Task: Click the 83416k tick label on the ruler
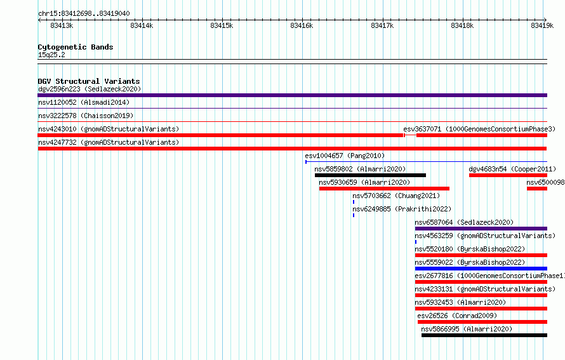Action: tap(302, 25)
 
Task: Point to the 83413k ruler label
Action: tap(62, 25)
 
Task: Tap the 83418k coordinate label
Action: tap(462, 25)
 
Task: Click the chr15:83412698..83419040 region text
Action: tap(84, 14)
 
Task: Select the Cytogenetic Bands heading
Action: tap(76, 47)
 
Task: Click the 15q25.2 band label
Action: tap(51, 55)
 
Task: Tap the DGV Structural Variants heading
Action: tap(89, 81)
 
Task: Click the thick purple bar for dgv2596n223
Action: tap(292, 95)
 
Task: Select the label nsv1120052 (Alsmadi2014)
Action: tap(84, 102)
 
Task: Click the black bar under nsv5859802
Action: tap(370, 175)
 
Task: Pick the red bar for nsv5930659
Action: tap(384, 189)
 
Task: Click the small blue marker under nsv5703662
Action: tap(354, 202)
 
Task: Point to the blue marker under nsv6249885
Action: tap(354, 215)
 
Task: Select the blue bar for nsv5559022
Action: tap(481, 269)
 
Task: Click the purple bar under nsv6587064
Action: tap(481, 229)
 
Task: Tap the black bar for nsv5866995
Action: tap(484, 335)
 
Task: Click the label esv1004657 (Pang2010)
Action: tap(345, 156)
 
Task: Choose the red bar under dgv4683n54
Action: tap(508, 175)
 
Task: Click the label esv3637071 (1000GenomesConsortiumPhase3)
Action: tap(479, 129)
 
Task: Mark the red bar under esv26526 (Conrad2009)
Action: tap(482, 322)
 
